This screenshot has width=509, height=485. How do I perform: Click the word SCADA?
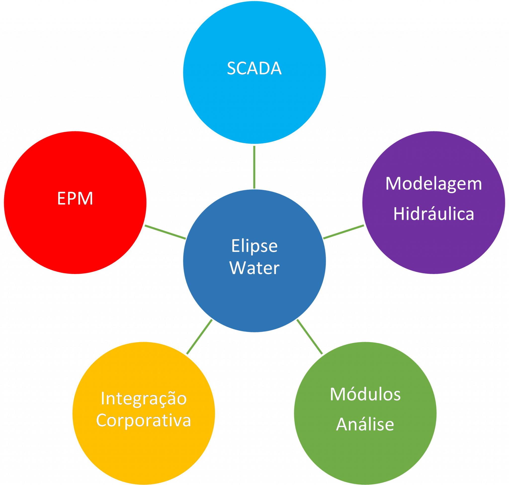click(254, 69)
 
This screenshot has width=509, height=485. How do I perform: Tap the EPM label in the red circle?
click(75, 199)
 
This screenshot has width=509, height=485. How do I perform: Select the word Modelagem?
click(433, 184)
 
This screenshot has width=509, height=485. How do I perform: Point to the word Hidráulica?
click(433, 214)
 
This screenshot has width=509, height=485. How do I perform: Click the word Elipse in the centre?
click(254, 246)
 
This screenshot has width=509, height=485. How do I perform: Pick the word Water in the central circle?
click(254, 268)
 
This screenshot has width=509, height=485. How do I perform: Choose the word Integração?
click(144, 399)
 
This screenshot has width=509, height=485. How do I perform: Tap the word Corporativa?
click(144, 421)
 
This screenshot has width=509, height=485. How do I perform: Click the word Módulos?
click(365, 395)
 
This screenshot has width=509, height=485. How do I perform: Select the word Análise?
click(365, 425)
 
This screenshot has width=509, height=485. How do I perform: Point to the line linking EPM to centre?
click(165, 232)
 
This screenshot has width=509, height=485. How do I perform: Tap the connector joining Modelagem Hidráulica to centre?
click(343, 232)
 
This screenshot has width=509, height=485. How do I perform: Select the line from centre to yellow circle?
click(199, 337)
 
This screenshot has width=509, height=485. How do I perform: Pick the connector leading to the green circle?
click(310, 337)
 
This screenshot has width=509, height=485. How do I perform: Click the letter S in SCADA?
click(232, 69)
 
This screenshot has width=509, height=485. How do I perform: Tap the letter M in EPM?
click(86, 199)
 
